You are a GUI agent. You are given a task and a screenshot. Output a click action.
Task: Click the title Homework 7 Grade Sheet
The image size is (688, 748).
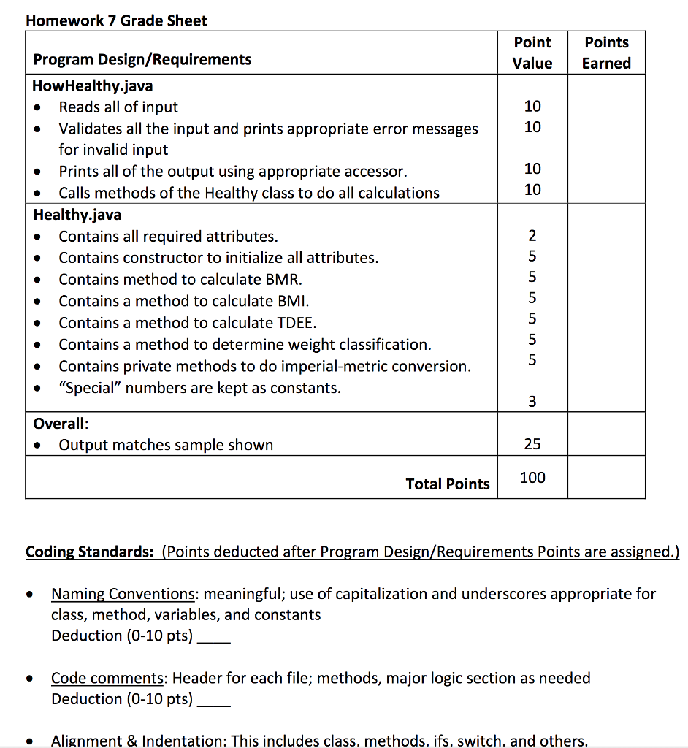[116, 20]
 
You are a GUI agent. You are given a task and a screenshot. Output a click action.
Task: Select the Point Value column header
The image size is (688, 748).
[532, 53]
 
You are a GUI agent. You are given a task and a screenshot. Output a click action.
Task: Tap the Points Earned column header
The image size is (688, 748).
[606, 53]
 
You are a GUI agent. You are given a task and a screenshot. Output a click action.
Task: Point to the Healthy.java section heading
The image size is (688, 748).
[77, 215]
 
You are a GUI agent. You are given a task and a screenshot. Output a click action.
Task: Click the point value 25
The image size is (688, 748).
[532, 444]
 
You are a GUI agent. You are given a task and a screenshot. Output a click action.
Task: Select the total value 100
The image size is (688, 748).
[532, 478]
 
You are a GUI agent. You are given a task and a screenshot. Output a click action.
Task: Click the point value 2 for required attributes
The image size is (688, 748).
[532, 235]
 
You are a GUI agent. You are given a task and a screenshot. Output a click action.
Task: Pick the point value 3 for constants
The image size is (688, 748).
[532, 401]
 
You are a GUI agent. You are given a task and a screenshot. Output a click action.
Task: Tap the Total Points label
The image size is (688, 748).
[448, 484]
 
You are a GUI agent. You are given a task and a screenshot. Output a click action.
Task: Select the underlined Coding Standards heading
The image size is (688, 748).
[89, 552]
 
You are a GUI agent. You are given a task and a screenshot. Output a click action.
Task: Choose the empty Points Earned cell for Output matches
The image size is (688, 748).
[606, 435]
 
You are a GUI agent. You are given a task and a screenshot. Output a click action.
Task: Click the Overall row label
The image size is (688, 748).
[61, 424]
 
